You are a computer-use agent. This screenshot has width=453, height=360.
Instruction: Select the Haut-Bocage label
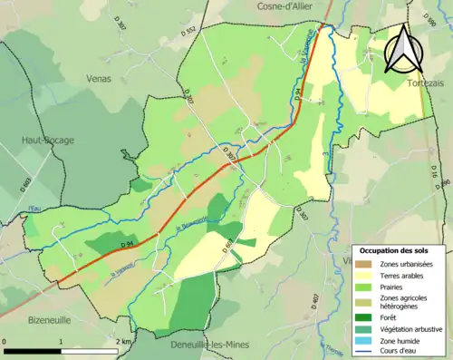click(x=48, y=140)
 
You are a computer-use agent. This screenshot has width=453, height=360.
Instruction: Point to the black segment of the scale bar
click(x=33, y=351)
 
